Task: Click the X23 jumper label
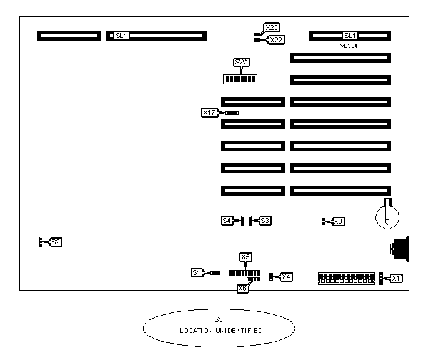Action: pyautogui.click(x=272, y=27)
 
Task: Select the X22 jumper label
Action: pyautogui.click(x=275, y=40)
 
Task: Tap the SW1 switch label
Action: pyautogui.click(x=240, y=62)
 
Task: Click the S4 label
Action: pyautogui.click(x=227, y=221)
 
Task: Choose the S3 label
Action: pyautogui.click(x=265, y=221)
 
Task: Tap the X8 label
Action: pyautogui.click(x=338, y=221)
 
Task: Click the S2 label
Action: pyautogui.click(x=56, y=241)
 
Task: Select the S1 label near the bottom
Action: pyautogui.click(x=197, y=272)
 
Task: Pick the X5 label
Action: pyautogui.click(x=245, y=257)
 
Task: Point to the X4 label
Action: pyautogui.click(x=286, y=277)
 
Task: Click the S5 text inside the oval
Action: pyautogui.click(x=218, y=319)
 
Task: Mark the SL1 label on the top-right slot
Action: pyautogui.click(x=350, y=36)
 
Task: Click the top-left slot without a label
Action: pyautogui.click(x=68, y=36)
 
